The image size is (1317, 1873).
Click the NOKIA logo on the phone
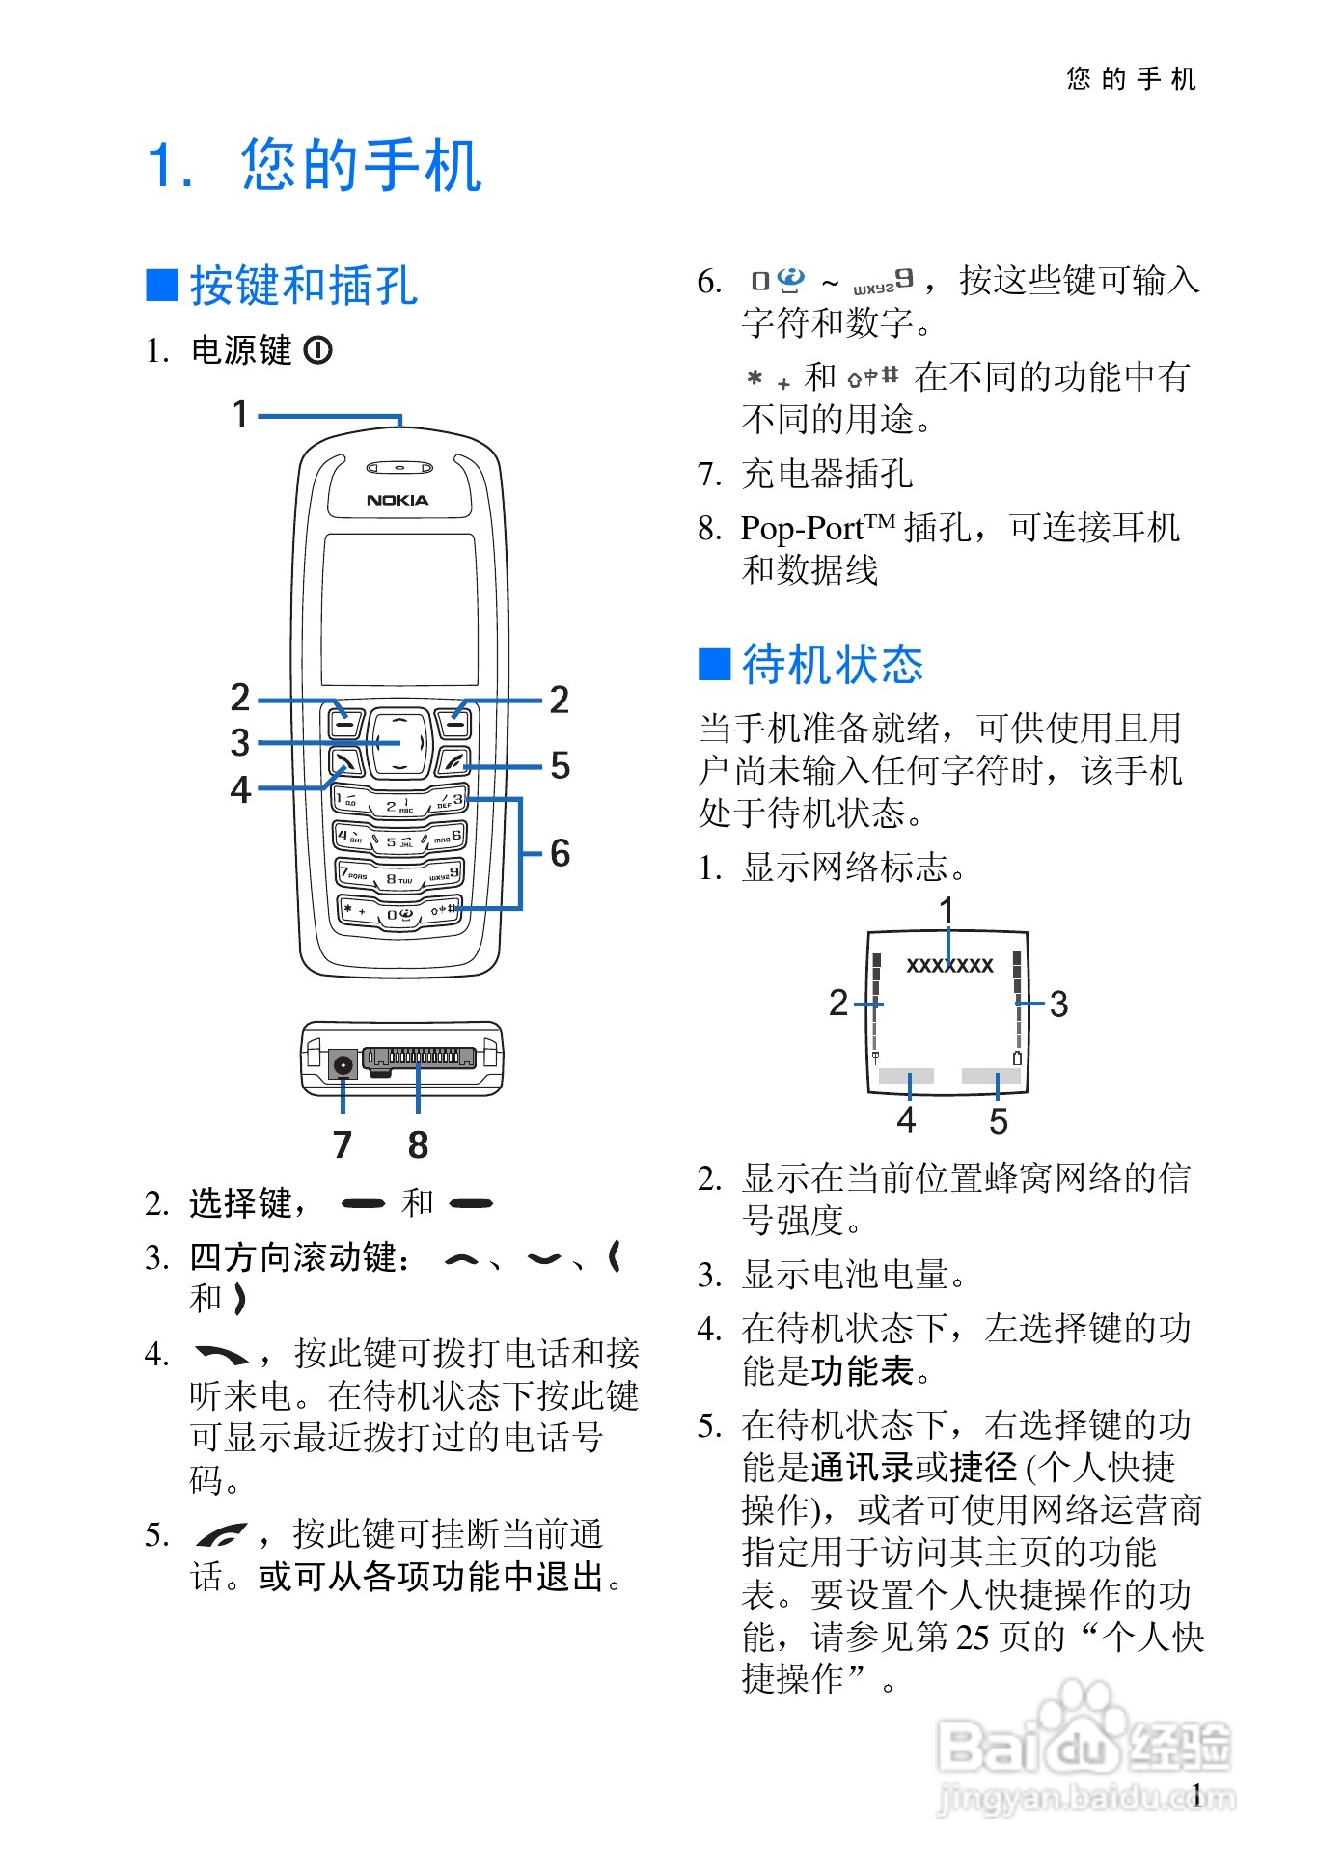point(398,500)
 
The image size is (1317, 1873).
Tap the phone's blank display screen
point(399,609)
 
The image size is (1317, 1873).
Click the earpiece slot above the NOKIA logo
point(399,468)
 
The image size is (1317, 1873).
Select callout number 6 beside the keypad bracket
point(560,853)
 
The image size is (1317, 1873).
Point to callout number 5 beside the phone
point(560,766)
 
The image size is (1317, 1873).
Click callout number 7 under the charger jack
point(343,1144)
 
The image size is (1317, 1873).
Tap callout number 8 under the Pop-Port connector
point(418,1144)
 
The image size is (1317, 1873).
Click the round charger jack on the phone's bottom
point(343,1064)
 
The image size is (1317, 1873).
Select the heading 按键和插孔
point(303,286)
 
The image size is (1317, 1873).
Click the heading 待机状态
point(832,665)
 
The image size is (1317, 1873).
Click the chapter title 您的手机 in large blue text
point(361,165)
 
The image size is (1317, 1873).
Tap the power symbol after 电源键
point(318,350)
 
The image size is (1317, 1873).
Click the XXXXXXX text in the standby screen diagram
point(949,965)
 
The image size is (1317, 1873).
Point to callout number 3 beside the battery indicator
point(1058,1005)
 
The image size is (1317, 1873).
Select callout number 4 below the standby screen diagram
point(906,1120)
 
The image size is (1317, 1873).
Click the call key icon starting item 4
point(221,1355)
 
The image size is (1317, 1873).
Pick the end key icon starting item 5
point(221,1534)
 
